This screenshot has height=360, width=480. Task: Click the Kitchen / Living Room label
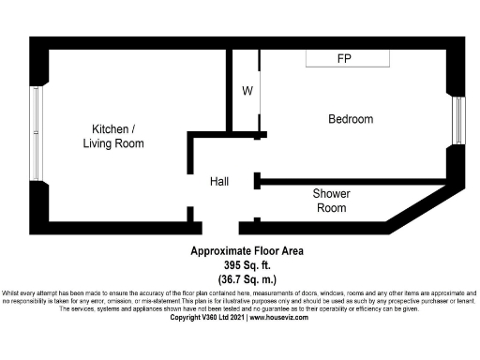(x=118, y=136)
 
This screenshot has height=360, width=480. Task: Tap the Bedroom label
(x=351, y=119)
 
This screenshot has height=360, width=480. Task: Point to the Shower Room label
(x=331, y=202)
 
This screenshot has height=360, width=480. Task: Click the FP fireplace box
(x=347, y=58)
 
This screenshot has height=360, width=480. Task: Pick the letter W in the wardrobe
(x=247, y=91)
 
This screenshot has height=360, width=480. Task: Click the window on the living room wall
(x=36, y=133)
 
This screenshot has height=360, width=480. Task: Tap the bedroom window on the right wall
(x=458, y=117)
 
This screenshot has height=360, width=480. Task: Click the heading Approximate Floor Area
(x=247, y=250)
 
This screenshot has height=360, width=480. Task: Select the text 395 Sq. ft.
(x=247, y=265)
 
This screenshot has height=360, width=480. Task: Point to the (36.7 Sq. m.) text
(x=247, y=279)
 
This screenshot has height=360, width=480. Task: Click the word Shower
(x=331, y=194)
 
